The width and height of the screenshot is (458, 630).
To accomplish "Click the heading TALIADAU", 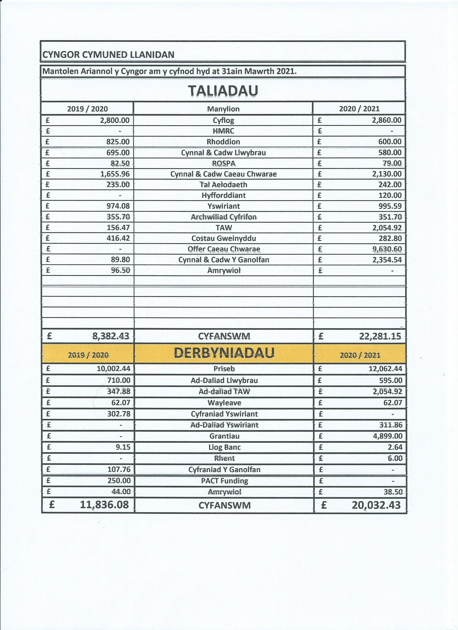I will (x=223, y=91).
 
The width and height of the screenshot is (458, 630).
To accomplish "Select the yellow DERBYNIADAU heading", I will (x=224, y=353).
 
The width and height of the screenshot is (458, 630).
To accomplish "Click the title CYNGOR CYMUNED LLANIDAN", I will (x=108, y=55).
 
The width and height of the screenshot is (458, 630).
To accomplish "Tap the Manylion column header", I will (x=223, y=109).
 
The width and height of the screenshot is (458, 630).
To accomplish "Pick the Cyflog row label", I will (x=223, y=120).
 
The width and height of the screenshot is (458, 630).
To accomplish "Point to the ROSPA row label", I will (x=223, y=163).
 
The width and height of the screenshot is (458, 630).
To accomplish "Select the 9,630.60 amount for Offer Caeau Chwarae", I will (x=387, y=249).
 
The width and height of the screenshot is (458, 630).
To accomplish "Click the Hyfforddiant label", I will (x=223, y=196).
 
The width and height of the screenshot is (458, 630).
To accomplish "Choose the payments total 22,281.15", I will (x=380, y=336).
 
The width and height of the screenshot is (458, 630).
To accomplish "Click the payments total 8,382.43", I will (x=110, y=336).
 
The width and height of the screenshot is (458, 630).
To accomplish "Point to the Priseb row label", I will (x=224, y=369).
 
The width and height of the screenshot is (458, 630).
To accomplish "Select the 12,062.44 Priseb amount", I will (x=383, y=369).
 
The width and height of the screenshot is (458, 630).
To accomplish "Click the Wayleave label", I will (x=224, y=403).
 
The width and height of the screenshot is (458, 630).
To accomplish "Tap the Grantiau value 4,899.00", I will (x=387, y=436).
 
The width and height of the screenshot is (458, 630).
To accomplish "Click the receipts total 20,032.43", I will (x=376, y=505).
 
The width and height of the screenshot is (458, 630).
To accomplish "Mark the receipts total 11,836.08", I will (x=105, y=505).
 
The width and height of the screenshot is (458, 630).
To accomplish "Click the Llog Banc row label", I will (x=224, y=447).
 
